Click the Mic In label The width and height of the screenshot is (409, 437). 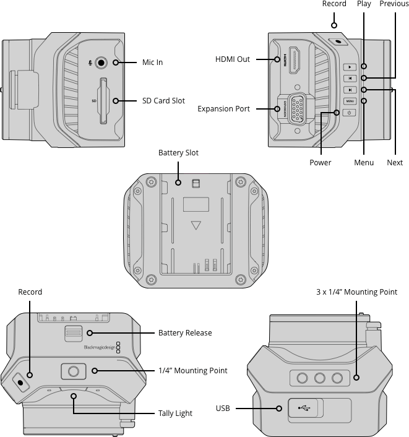click(152, 63)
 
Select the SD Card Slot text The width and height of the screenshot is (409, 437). click(163, 101)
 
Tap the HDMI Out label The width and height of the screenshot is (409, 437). click(233, 59)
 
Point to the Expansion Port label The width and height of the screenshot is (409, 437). click(223, 109)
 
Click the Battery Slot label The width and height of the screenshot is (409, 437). click(178, 153)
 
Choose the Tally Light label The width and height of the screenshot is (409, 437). click(175, 413)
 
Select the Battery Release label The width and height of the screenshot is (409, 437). click(185, 333)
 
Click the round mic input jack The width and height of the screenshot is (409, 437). click(101, 63)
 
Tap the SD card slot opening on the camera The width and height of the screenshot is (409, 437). click(103, 100)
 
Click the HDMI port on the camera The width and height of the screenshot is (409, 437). click(295, 60)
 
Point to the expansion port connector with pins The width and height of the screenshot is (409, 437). click(297, 110)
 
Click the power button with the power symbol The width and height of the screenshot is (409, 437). click(349, 113)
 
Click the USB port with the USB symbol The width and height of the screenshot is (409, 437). click(304, 408)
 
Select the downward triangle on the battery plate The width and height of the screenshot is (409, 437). click(196, 226)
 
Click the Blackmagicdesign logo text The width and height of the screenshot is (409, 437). click(99, 348)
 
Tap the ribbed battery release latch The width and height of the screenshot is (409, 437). click(73, 333)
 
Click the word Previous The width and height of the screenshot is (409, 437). click(394, 4)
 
